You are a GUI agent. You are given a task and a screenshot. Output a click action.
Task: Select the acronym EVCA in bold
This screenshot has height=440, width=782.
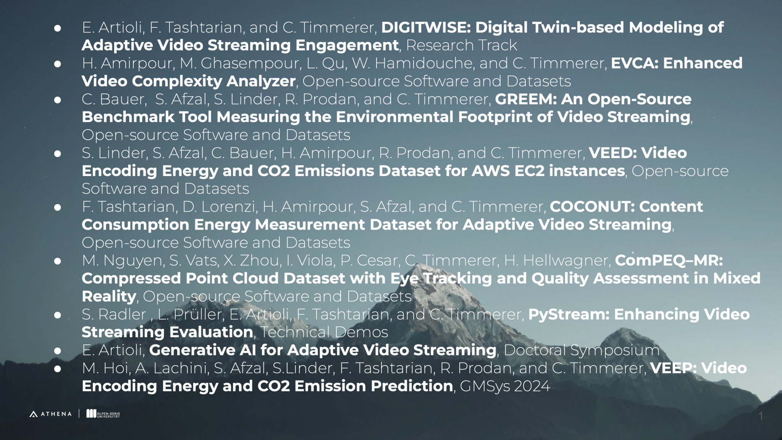click(634, 63)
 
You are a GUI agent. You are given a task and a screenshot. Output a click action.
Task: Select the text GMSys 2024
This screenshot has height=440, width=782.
click(505, 386)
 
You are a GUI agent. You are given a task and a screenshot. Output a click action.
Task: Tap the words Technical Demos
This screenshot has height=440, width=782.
click(324, 332)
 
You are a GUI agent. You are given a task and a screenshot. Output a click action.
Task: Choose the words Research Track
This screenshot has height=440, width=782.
click(461, 45)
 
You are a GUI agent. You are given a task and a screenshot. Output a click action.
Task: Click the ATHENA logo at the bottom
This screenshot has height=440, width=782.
click(50, 414)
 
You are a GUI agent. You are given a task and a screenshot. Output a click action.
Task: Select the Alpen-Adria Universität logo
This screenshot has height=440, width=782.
click(103, 414)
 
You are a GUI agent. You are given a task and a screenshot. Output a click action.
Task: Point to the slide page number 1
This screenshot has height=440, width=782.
click(761, 416)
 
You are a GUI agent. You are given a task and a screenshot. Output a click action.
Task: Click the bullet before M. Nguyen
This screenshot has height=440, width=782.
click(58, 261)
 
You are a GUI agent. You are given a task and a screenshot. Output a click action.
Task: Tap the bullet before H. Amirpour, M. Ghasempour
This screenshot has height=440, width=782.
click(58, 64)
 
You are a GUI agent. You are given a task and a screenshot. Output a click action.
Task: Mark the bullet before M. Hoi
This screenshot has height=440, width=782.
click(58, 369)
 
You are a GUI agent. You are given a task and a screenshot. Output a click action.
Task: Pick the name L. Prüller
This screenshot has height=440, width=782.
click(191, 315)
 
